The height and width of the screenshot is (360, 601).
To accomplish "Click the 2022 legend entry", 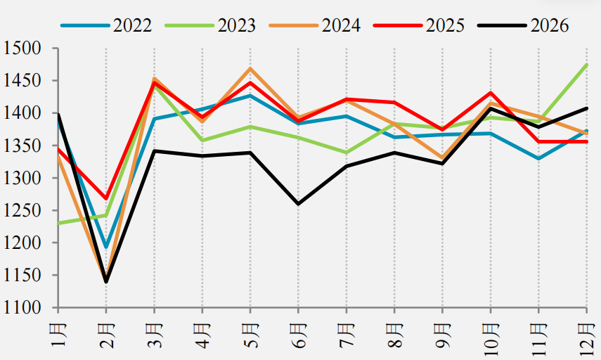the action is pyautogui.click(x=106, y=25).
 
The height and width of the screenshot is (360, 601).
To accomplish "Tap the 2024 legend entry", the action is pyautogui.click(x=315, y=25).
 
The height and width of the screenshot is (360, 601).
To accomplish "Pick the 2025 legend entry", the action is pyautogui.click(x=419, y=25).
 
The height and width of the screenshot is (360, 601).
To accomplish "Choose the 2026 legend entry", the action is pyautogui.click(x=523, y=25).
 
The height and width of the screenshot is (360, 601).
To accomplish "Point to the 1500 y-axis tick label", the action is pyautogui.click(x=22, y=49).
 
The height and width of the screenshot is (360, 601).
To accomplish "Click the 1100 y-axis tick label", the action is pyautogui.click(x=22, y=307).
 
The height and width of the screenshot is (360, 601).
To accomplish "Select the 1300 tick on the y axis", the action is pyautogui.click(x=22, y=178).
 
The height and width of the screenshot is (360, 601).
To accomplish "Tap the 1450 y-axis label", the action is pyautogui.click(x=22, y=81).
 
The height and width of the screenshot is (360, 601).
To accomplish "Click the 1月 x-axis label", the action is pyautogui.click(x=58, y=335).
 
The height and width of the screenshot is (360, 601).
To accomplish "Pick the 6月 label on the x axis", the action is pyautogui.click(x=298, y=335).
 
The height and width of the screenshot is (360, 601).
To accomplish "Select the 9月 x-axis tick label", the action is pyautogui.click(x=442, y=335).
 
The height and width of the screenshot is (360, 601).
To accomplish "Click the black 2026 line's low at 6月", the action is pyautogui.click(x=298, y=204).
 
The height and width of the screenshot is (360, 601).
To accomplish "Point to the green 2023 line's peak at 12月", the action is pyautogui.click(x=587, y=65).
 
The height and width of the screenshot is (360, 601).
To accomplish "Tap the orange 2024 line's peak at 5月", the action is pyautogui.click(x=250, y=69).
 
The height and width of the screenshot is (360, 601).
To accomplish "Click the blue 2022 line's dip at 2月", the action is pyautogui.click(x=106, y=247).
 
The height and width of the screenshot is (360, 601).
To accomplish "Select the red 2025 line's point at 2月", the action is pyautogui.click(x=106, y=198).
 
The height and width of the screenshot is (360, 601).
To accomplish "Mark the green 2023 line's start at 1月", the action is pyautogui.click(x=58, y=223).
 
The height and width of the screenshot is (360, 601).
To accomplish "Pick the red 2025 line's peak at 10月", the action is pyautogui.click(x=491, y=92).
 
